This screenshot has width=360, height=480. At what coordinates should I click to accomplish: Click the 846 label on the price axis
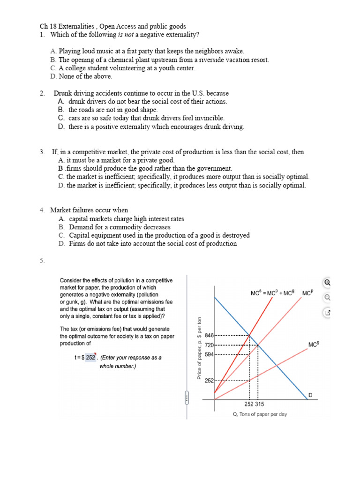[x=209, y=336]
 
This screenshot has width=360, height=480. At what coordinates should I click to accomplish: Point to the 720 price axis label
[x=209, y=345]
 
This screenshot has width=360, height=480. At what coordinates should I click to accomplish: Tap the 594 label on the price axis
[x=209, y=354]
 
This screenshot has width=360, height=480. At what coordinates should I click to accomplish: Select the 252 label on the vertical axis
[x=209, y=381]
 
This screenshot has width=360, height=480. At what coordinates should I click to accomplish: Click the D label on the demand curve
[x=310, y=396]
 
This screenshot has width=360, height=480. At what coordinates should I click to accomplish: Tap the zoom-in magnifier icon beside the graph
[x=327, y=282]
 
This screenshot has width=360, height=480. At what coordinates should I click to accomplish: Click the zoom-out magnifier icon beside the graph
[x=327, y=297]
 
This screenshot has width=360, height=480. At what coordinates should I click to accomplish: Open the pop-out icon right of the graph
[x=327, y=313]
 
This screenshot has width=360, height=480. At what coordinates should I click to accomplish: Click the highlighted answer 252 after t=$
[x=90, y=358]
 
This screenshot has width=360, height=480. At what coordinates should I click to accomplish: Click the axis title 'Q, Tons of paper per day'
[x=260, y=414]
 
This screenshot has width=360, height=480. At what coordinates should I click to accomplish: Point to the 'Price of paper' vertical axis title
[x=199, y=346]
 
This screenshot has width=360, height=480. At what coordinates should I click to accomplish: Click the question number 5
[x=42, y=261]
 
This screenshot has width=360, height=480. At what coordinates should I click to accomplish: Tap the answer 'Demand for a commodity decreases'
[x=120, y=227]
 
